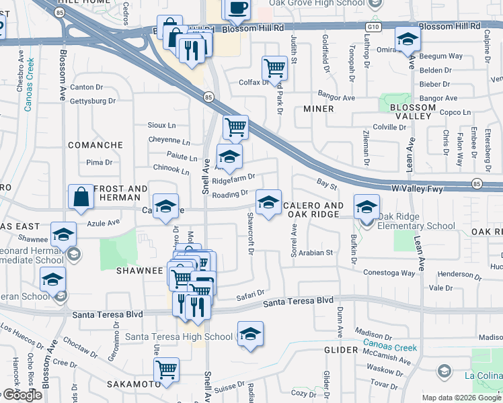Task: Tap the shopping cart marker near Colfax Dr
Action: point(274,67)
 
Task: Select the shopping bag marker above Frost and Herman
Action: point(81,197)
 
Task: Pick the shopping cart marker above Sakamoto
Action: point(166,369)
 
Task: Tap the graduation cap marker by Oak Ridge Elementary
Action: point(366,206)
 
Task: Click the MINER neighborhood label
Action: point(318,108)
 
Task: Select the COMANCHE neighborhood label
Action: point(95,144)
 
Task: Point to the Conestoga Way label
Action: point(389,273)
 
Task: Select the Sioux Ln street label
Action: point(162,125)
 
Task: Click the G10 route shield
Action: point(371,26)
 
